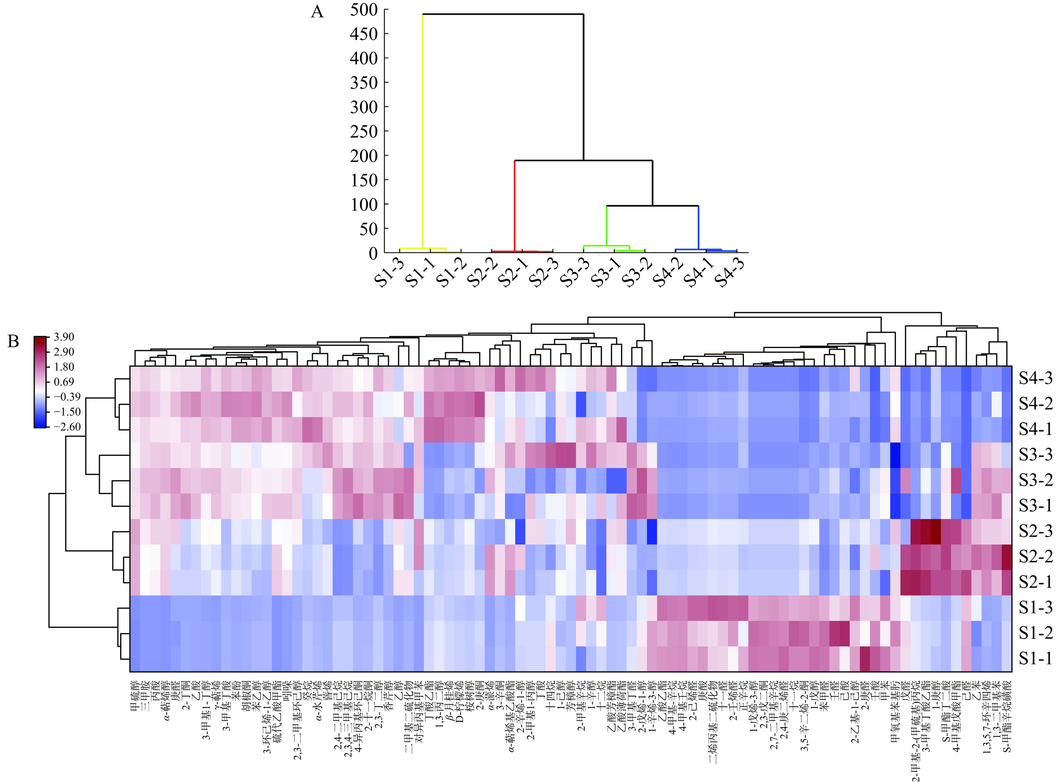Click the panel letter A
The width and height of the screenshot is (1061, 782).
[x=317, y=12]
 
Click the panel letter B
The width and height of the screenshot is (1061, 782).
[x=13, y=341]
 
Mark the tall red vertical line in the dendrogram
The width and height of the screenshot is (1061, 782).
[x=515, y=204]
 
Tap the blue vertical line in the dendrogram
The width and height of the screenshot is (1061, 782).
[x=699, y=227]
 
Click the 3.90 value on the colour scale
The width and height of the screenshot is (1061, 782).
[x=64, y=337]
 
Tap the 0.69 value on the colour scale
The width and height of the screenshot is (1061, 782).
[x=64, y=382]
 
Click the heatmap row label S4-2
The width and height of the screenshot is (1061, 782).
[x=1035, y=404]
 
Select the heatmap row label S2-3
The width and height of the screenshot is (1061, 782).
[x=1035, y=531]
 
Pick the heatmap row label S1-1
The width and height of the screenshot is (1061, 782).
[x=1035, y=658]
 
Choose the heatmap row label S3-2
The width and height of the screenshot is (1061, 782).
[x=1035, y=480]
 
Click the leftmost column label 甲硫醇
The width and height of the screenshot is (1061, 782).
[x=134, y=696]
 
